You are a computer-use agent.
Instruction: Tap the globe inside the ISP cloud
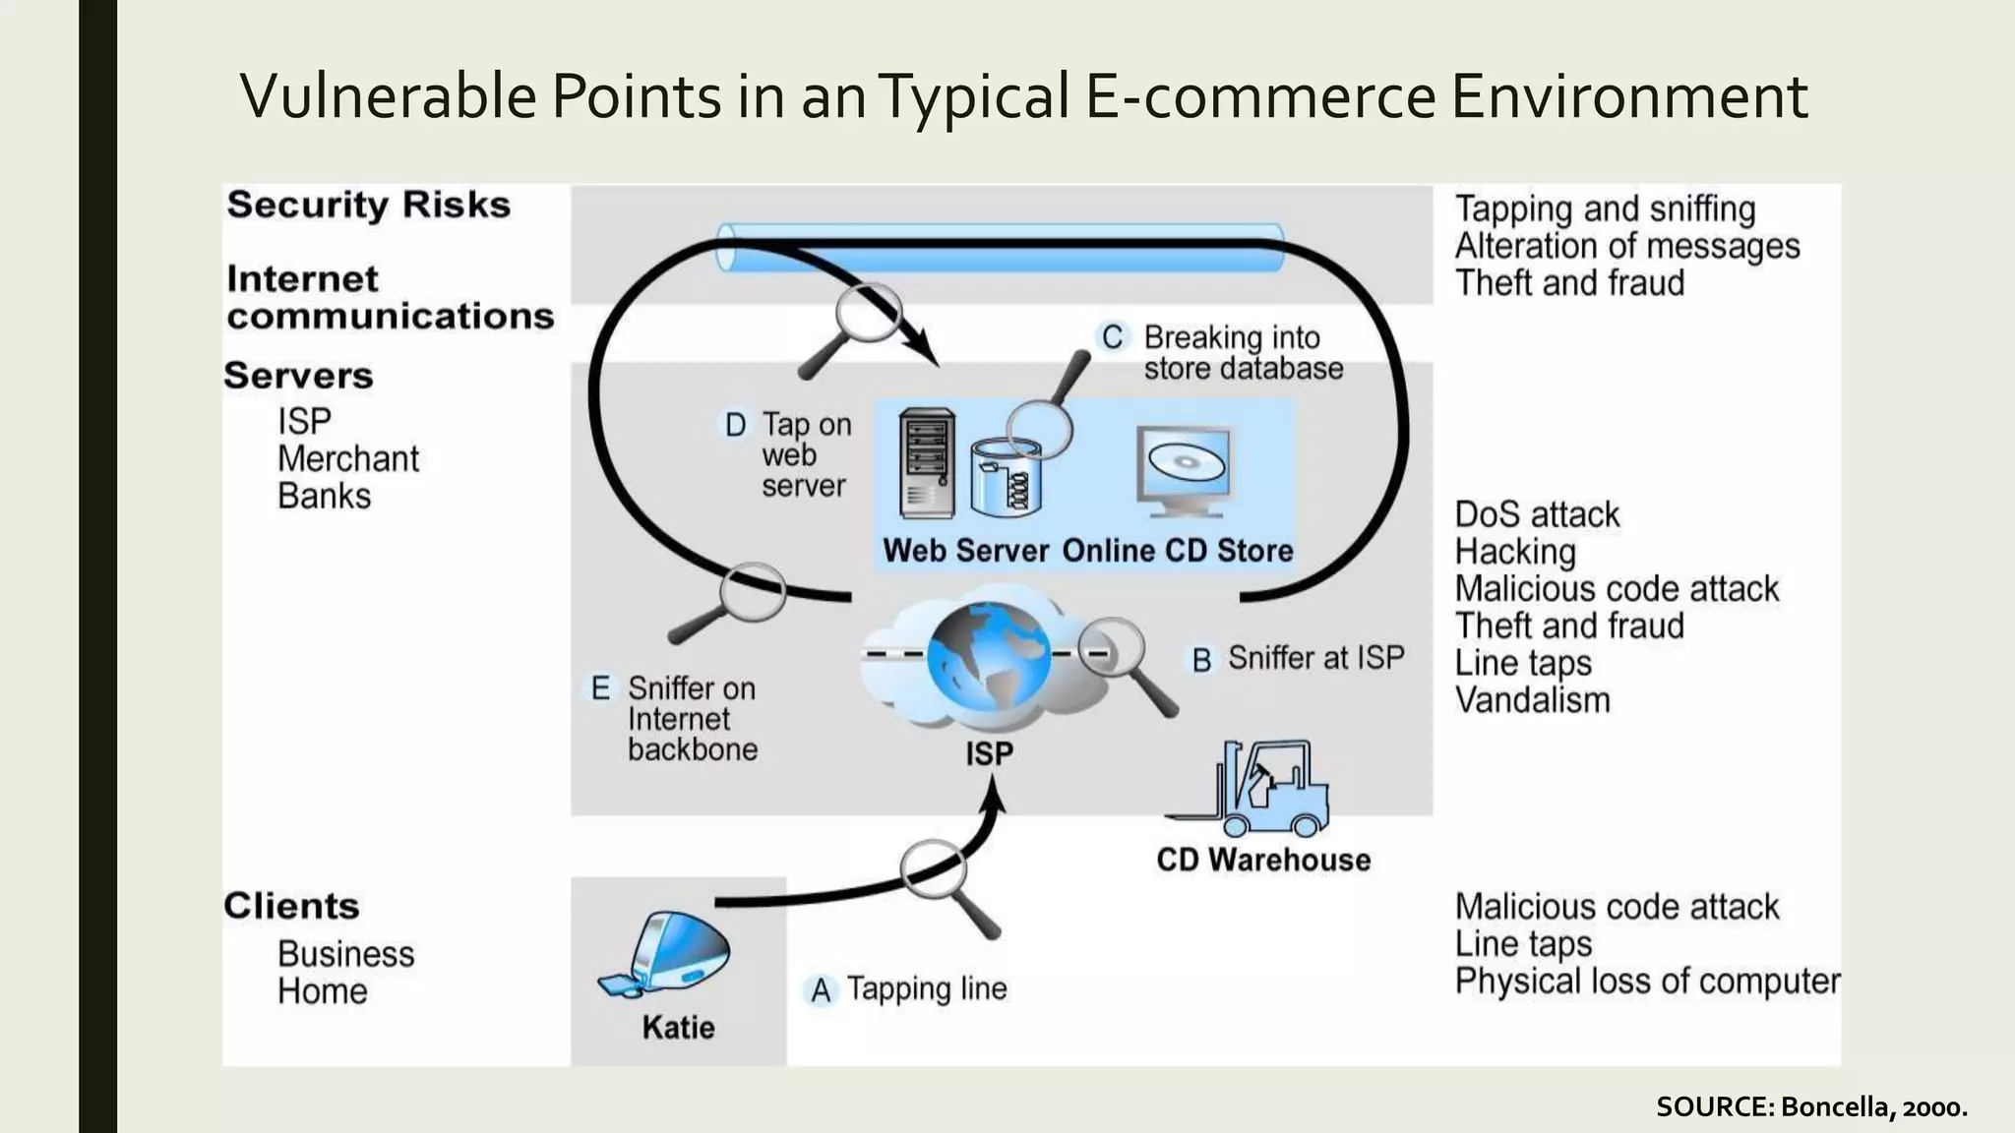[988, 654]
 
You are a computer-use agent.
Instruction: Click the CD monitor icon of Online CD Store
[1184, 469]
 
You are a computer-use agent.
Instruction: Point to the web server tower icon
[927, 463]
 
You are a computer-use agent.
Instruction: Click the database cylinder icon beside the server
[1006, 479]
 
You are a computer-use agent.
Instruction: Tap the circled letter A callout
[821, 990]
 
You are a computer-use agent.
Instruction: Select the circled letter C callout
[1112, 337]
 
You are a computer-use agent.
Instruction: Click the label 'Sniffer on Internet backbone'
[692, 719]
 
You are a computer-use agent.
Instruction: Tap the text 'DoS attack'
[1536, 514]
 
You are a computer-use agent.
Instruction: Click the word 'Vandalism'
[1532, 700]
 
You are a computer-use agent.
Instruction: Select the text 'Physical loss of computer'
[1646, 981]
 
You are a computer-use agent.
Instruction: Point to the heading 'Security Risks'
[369, 205]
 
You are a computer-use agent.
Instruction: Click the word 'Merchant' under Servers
[348, 458]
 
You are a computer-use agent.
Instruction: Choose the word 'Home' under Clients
[323, 990]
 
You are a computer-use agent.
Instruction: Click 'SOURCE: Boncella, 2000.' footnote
[1810, 1106]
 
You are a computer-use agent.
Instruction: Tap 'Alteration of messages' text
[1626, 246]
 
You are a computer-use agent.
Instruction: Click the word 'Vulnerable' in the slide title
[389, 96]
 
